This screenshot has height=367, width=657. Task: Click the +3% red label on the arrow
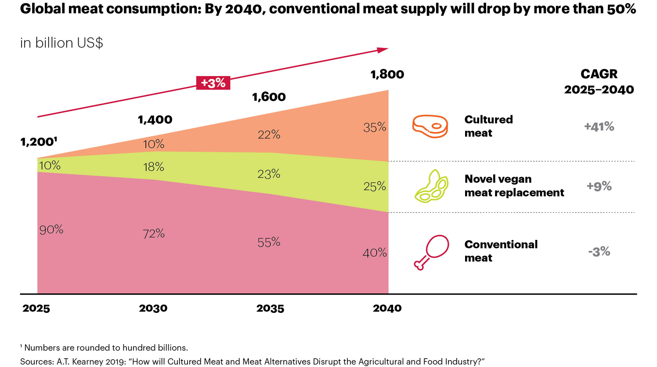[x=213, y=83]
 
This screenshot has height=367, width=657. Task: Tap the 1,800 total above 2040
[x=387, y=74]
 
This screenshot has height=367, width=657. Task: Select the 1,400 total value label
[x=155, y=120]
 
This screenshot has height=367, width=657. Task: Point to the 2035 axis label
[x=270, y=309]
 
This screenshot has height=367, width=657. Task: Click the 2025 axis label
[x=36, y=309]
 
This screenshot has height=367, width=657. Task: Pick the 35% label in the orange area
[x=375, y=127]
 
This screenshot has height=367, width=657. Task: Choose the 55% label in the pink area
[x=269, y=242]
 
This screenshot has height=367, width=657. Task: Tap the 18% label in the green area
[x=154, y=167]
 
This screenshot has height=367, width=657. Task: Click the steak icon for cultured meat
[x=430, y=126]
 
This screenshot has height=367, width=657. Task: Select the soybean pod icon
[x=431, y=186]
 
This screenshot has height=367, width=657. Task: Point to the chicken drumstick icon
[x=431, y=252]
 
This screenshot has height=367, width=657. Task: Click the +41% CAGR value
[x=599, y=127]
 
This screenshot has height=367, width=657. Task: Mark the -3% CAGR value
[x=599, y=251]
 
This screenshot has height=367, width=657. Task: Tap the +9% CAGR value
[x=599, y=186]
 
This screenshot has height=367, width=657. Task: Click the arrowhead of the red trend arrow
[x=383, y=50]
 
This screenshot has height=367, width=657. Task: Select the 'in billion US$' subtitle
[x=61, y=43]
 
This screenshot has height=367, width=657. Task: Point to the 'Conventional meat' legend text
[x=501, y=251]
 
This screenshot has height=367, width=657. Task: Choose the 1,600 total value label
[x=269, y=97]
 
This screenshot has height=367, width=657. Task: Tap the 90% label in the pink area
[x=51, y=229]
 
